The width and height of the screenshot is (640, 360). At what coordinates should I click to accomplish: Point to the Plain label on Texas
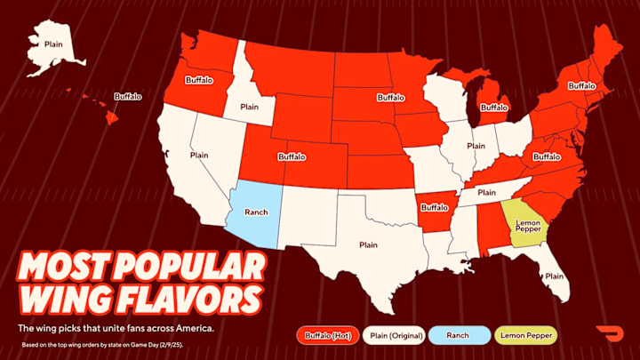pos(368,244)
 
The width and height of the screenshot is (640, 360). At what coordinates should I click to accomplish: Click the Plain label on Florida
pos(554,276)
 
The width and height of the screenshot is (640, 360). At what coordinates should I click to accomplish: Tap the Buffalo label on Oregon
pos(200,79)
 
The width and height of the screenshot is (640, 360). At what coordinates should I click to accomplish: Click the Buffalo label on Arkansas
pos(435,207)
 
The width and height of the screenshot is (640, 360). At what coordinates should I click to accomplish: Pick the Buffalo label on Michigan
pos(493,108)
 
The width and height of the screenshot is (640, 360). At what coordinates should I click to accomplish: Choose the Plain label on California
pos(199,154)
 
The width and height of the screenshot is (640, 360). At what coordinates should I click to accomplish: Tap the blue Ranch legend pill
pos(459,335)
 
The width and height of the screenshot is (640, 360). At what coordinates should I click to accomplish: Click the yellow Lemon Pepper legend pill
pos(527,335)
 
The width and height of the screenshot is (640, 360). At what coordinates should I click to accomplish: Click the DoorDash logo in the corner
pos(611,335)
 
